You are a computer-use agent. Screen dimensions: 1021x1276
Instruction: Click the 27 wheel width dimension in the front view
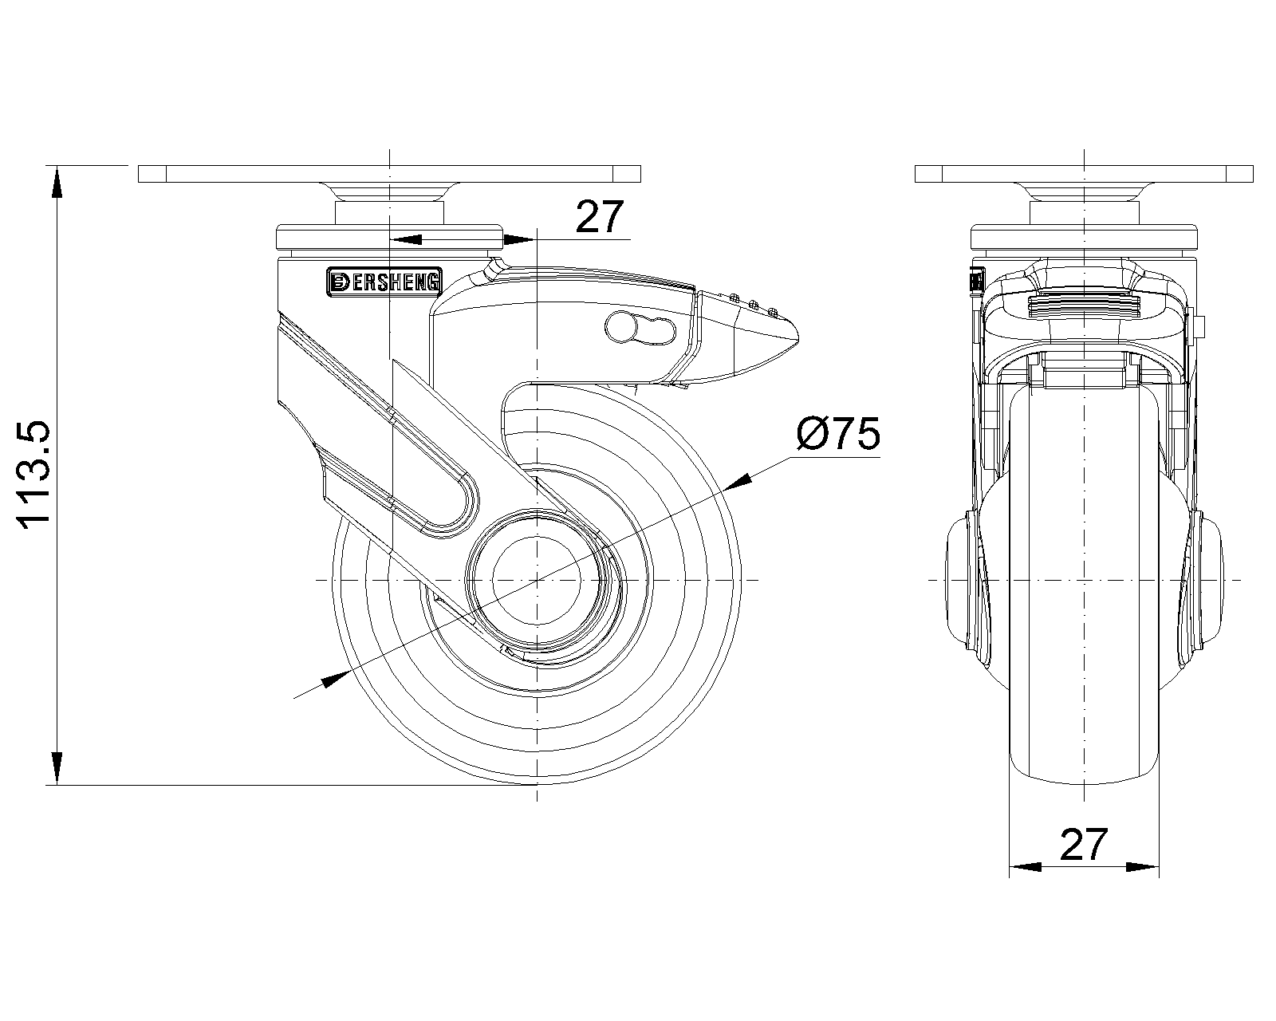point(1084,845)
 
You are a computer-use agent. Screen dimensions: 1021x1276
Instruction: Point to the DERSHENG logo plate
point(384,281)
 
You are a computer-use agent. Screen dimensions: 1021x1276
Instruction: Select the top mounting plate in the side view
point(389,174)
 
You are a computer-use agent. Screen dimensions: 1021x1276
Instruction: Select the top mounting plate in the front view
point(1084,174)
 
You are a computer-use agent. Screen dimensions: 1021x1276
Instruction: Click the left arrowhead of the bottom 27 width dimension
point(1026,867)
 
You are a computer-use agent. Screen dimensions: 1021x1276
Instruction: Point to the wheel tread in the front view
point(1084,718)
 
